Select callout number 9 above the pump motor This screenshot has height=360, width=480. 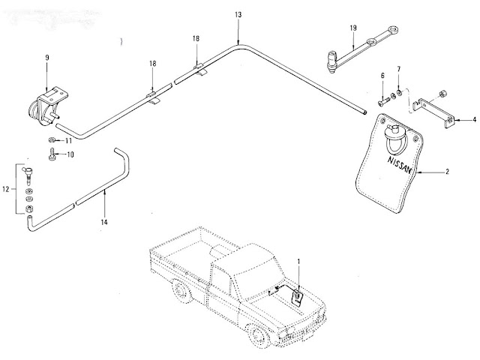click(46, 57)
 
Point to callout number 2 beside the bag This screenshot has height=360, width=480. click(447, 172)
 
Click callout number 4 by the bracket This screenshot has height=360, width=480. click(473, 119)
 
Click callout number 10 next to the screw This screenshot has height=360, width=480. click(71, 155)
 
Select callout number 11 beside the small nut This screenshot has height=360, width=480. click(68, 140)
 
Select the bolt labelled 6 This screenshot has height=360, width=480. click(385, 100)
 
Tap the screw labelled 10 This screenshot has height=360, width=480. click(52, 155)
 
